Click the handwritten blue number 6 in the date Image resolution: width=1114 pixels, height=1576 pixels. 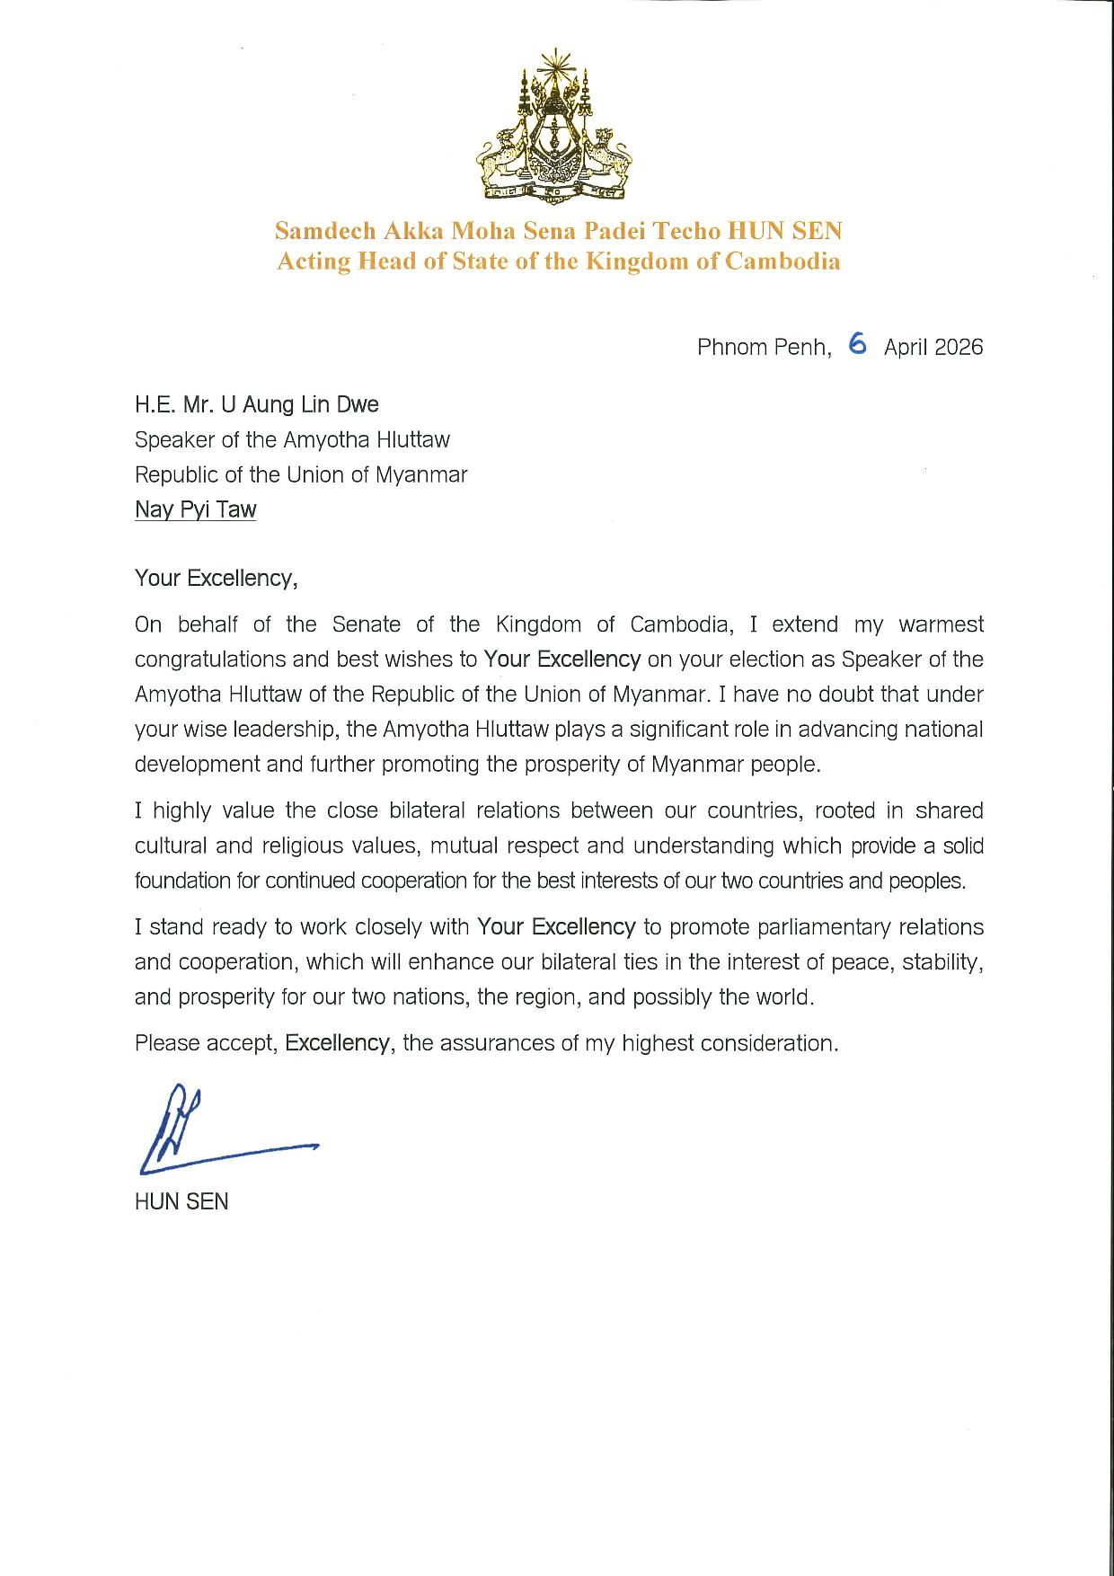(857, 344)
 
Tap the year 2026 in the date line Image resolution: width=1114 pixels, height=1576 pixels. (959, 347)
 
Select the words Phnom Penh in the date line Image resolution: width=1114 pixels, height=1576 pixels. (763, 348)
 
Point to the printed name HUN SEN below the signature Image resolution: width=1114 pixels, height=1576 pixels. (181, 1201)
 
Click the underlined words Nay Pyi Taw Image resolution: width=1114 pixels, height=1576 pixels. (195, 509)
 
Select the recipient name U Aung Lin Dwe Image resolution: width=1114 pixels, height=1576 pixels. (294, 404)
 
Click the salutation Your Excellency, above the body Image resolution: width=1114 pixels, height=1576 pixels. (216, 578)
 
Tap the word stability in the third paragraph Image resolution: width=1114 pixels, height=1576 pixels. (951, 961)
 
